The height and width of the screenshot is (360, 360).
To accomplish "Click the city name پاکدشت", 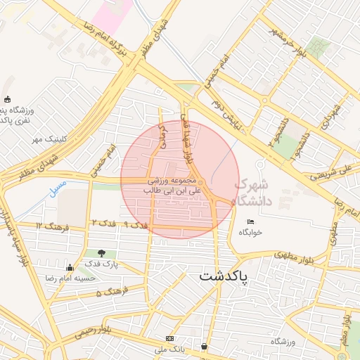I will coord(224,276).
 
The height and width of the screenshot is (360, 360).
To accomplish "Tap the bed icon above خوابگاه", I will coord(251,221).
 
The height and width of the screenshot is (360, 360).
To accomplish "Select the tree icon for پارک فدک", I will coord(103,253).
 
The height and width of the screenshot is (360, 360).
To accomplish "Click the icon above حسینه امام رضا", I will coord(69,268).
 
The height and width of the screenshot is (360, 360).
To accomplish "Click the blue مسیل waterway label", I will coord(58,188).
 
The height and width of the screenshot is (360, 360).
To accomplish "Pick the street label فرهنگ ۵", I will coord(110,290).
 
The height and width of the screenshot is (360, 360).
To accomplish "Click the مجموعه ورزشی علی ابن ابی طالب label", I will coord(172,185).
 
